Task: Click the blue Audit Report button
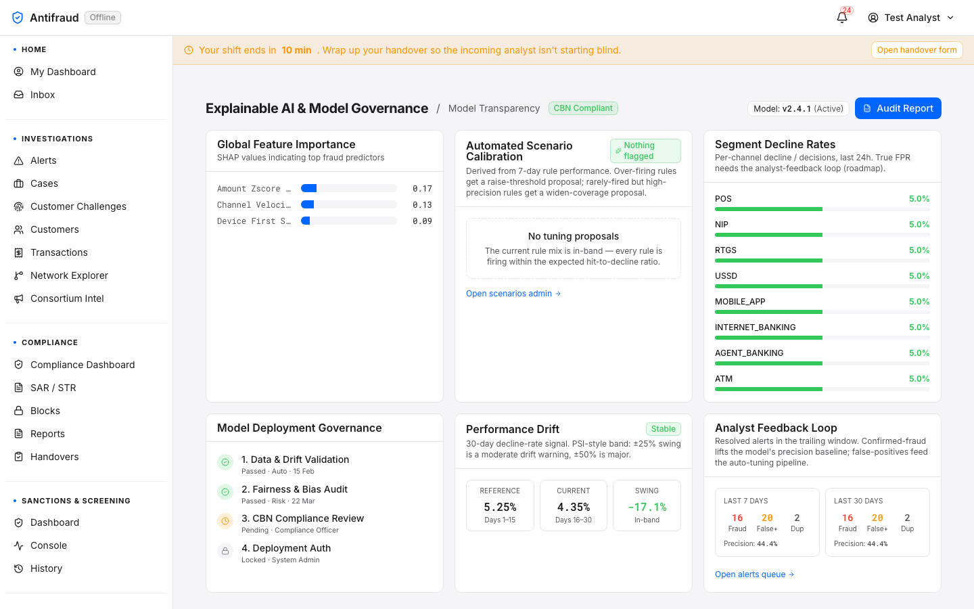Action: point(898,108)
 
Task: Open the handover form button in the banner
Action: point(917,50)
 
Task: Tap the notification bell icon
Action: point(842,18)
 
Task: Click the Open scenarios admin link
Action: point(513,294)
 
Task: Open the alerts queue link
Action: point(754,574)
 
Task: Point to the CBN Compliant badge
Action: point(583,108)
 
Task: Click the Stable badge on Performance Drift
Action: point(663,429)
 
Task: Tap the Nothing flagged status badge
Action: point(645,150)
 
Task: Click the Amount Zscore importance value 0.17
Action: point(422,188)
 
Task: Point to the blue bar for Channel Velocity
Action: point(307,204)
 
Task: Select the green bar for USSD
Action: point(768,286)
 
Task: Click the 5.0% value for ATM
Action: point(919,378)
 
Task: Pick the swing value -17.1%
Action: point(647,507)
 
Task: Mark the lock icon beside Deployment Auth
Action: point(225,551)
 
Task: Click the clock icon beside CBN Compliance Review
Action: point(225,521)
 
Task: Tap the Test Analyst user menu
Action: point(911,18)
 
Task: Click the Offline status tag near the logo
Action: point(103,18)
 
